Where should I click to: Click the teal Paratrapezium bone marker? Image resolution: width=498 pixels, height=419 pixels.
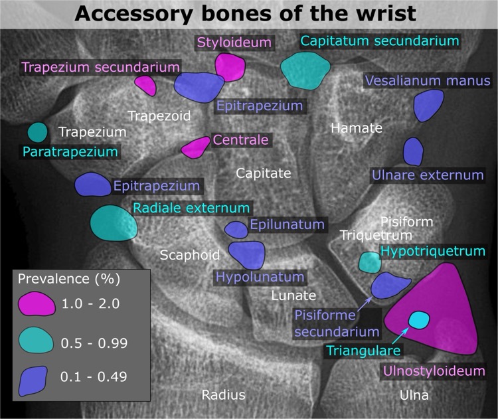point(37,133)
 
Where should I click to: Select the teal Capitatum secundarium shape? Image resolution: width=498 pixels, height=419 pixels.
point(305,68)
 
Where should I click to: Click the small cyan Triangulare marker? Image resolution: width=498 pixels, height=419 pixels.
point(418,320)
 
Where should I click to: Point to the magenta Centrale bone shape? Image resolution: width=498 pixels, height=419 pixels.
point(196,147)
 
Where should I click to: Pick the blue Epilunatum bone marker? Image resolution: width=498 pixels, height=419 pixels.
point(236,229)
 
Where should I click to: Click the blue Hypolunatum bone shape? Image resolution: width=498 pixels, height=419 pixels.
point(247,254)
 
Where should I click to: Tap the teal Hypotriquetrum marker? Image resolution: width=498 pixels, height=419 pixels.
point(369,262)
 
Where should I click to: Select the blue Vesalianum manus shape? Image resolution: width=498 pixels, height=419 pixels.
point(428,105)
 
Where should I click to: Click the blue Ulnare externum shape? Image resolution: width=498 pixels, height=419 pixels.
point(413,151)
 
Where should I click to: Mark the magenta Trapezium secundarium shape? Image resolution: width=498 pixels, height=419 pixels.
point(145,85)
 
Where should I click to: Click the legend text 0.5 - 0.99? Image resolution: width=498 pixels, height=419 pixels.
point(94,343)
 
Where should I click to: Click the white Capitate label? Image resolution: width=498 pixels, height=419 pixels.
point(264,173)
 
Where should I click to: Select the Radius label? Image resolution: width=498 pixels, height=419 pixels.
point(224,395)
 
